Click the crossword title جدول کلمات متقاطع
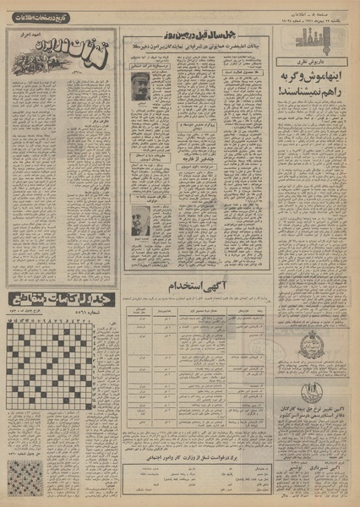pyautogui.click(x=57, y=275)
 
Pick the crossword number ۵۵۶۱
pyautogui.click(x=90, y=286)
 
